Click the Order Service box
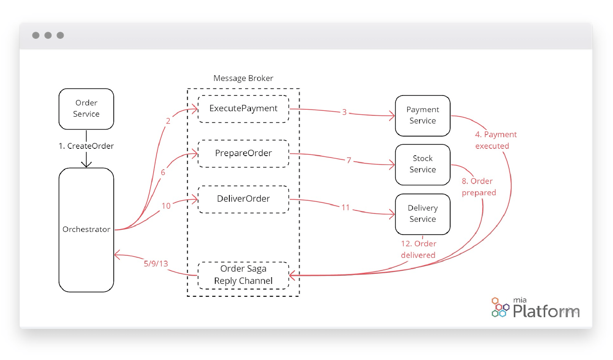pos(86,109)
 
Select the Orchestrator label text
pos(86,229)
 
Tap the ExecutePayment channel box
pos(243,109)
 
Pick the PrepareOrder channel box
pos(243,153)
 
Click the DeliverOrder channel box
pos(243,199)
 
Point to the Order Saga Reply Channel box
pos(243,275)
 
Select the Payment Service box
pos(423,115)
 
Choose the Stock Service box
pos(423,164)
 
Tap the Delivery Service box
pos(423,214)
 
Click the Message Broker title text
pos(243,78)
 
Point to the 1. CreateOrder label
pos(86,146)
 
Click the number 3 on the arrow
pos(344,112)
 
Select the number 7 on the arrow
pos(349,160)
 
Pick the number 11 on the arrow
pos(346,207)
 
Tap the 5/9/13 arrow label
pos(156,264)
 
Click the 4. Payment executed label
pos(495,140)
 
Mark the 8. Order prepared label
pos(479,187)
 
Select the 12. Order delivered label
pos(418,249)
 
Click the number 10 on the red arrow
pos(166,206)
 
